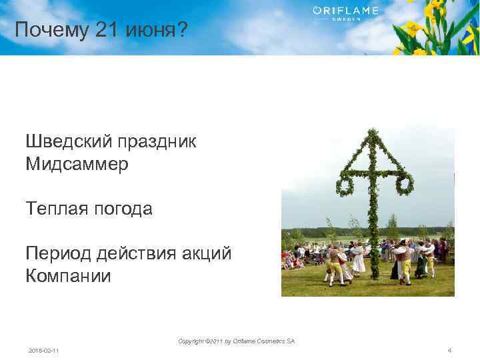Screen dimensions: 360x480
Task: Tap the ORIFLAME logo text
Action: point(345,11)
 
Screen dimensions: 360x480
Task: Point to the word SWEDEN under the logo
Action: point(345,20)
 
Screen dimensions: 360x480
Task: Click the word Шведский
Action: point(69,141)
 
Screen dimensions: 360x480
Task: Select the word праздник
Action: point(157,141)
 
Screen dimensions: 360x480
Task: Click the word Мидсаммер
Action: point(77,163)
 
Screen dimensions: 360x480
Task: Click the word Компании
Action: point(68,276)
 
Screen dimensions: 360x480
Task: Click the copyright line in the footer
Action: point(236,341)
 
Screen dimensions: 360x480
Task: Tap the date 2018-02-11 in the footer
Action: point(43,350)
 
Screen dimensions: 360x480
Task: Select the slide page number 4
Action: point(450,350)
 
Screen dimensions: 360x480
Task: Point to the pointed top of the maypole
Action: point(375,132)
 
